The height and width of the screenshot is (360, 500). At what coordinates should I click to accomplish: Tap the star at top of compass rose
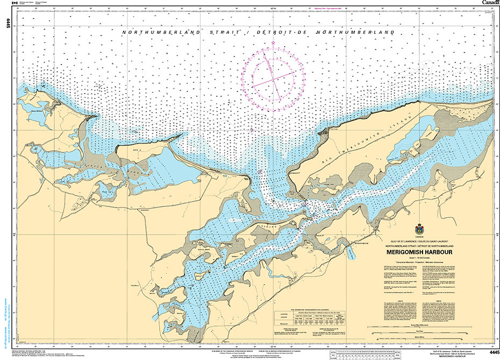(273, 43)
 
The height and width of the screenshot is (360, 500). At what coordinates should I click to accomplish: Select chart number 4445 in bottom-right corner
(490, 352)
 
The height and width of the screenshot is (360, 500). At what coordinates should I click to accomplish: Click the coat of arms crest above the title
(419, 229)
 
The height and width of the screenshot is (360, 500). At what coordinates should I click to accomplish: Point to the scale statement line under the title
(419, 258)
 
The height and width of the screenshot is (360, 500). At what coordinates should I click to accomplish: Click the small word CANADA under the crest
(419, 237)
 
